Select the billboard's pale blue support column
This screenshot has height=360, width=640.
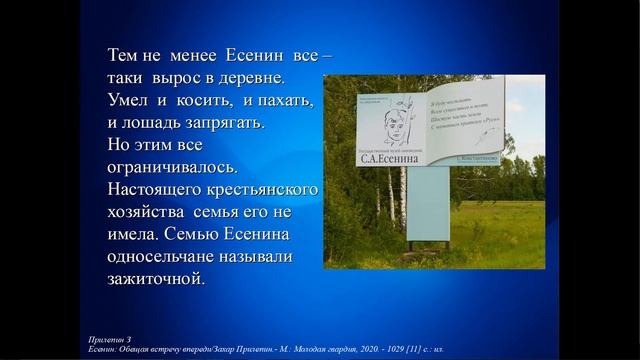(428, 205)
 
